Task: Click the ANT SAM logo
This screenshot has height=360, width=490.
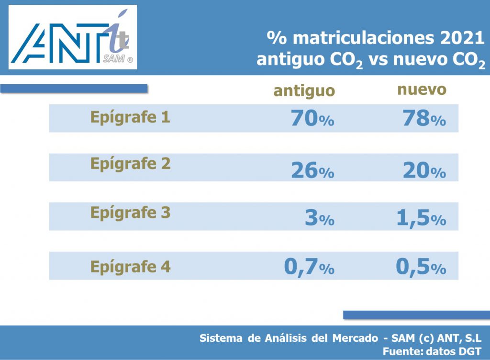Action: point(73,37)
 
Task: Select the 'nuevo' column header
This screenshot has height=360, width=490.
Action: point(422,90)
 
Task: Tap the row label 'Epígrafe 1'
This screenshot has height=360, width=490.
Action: point(130,118)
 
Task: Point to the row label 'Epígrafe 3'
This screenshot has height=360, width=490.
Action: point(130,213)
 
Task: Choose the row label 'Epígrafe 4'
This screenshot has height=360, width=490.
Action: point(130,267)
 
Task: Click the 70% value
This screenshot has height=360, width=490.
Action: point(312,118)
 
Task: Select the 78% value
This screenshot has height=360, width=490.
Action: point(424,118)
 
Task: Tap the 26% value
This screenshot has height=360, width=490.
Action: point(312,170)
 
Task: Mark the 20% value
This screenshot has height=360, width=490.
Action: point(424,170)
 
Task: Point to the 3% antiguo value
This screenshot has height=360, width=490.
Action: point(319,217)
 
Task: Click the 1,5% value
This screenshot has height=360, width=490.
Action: point(421,218)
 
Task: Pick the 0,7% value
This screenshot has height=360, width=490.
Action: point(309,268)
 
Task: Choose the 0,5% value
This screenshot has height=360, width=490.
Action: point(421,268)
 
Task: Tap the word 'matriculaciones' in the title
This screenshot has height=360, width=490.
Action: point(364,38)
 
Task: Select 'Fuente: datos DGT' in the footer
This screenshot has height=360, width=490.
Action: point(432,351)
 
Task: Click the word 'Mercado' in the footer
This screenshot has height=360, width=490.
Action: point(355,338)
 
